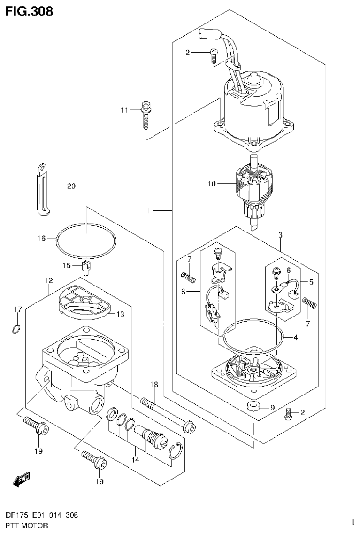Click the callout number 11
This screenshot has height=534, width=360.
click(x=124, y=110)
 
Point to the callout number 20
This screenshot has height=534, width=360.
click(x=71, y=186)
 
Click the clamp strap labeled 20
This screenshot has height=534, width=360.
click(x=43, y=188)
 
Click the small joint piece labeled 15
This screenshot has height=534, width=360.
click(x=86, y=267)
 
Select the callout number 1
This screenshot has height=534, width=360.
click(x=149, y=211)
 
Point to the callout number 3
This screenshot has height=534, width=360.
click(x=280, y=234)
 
